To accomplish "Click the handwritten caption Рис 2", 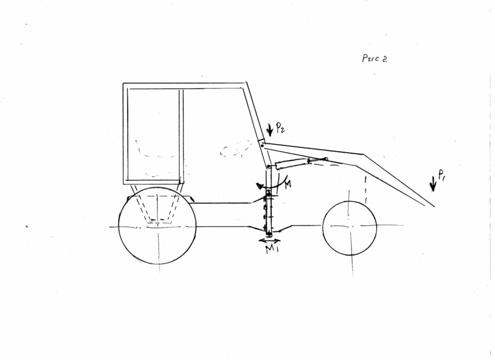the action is pos(374,58).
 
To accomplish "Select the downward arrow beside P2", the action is pos(270,130).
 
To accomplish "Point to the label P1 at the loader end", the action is pos(442,175).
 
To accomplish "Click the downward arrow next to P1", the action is pos(433,184).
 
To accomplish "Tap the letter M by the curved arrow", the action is pos(288,184).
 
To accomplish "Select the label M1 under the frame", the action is pos(271,249).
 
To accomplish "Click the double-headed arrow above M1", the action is pos(269,241).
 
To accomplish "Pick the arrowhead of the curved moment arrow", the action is pos(259,185).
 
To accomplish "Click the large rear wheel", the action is pos(157,225).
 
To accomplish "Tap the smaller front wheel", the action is pos(350,228).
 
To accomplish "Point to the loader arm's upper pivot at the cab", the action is pos(263,145).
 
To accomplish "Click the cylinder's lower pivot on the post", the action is pos(268,167).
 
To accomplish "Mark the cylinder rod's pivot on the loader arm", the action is pos(326,159).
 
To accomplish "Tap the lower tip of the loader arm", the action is pos(434,207).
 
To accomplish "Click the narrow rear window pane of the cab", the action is pos(153,134).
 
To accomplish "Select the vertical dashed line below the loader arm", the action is pos(365,190).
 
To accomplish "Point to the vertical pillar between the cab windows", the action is pos(181,136).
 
